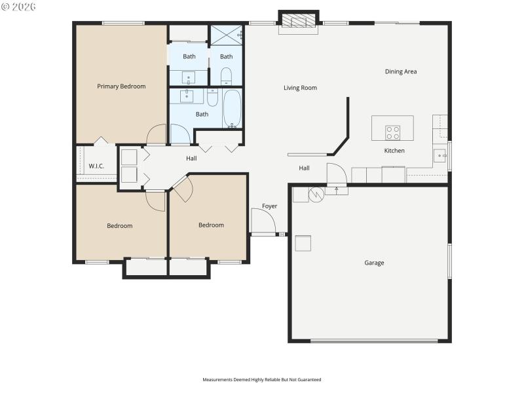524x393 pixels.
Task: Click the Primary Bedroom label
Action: [x=121, y=86]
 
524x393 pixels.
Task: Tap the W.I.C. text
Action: [x=96, y=166]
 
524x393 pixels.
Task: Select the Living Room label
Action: [x=300, y=88]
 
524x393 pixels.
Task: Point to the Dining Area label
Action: [x=401, y=71]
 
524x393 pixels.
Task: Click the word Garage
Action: [x=374, y=263]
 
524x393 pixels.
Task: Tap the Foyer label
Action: [x=269, y=206]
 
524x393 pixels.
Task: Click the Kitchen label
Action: [x=394, y=151]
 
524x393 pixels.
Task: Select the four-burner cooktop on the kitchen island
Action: [x=392, y=133]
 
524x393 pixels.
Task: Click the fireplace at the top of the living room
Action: [x=299, y=22]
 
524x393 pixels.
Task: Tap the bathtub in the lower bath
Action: [x=232, y=109]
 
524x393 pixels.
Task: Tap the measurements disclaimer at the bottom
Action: [x=262, y=379]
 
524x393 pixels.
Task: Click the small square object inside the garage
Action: [x=303, y=243]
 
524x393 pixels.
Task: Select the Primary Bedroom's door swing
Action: [x=157, y=135]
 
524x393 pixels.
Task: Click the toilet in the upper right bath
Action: [x=226, y=76]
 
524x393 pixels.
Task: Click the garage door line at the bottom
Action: [x=374, y=341]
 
